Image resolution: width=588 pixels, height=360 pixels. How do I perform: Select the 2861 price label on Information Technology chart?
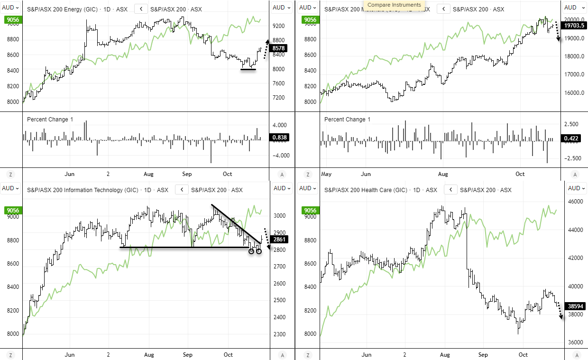[280, 240]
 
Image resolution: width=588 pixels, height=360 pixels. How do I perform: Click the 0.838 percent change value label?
[279, 138]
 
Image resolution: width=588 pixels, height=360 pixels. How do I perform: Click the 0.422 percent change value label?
[572, 138]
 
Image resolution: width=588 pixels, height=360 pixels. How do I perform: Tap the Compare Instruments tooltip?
[394, 5]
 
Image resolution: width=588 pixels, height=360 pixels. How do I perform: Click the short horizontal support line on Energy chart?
[248, 70]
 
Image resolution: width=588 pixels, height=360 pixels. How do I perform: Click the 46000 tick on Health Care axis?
[576, 202]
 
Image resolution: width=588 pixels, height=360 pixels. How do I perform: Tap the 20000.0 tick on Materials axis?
[574, 20]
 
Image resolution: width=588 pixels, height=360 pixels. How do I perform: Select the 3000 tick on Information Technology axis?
[280, 216]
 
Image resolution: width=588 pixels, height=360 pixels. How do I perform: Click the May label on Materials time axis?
[326, 174]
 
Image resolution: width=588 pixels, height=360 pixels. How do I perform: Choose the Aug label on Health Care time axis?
[444, 355]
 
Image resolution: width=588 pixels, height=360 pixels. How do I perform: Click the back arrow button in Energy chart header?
[141, 9]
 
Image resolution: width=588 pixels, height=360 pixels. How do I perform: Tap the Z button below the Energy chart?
[10, 175]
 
